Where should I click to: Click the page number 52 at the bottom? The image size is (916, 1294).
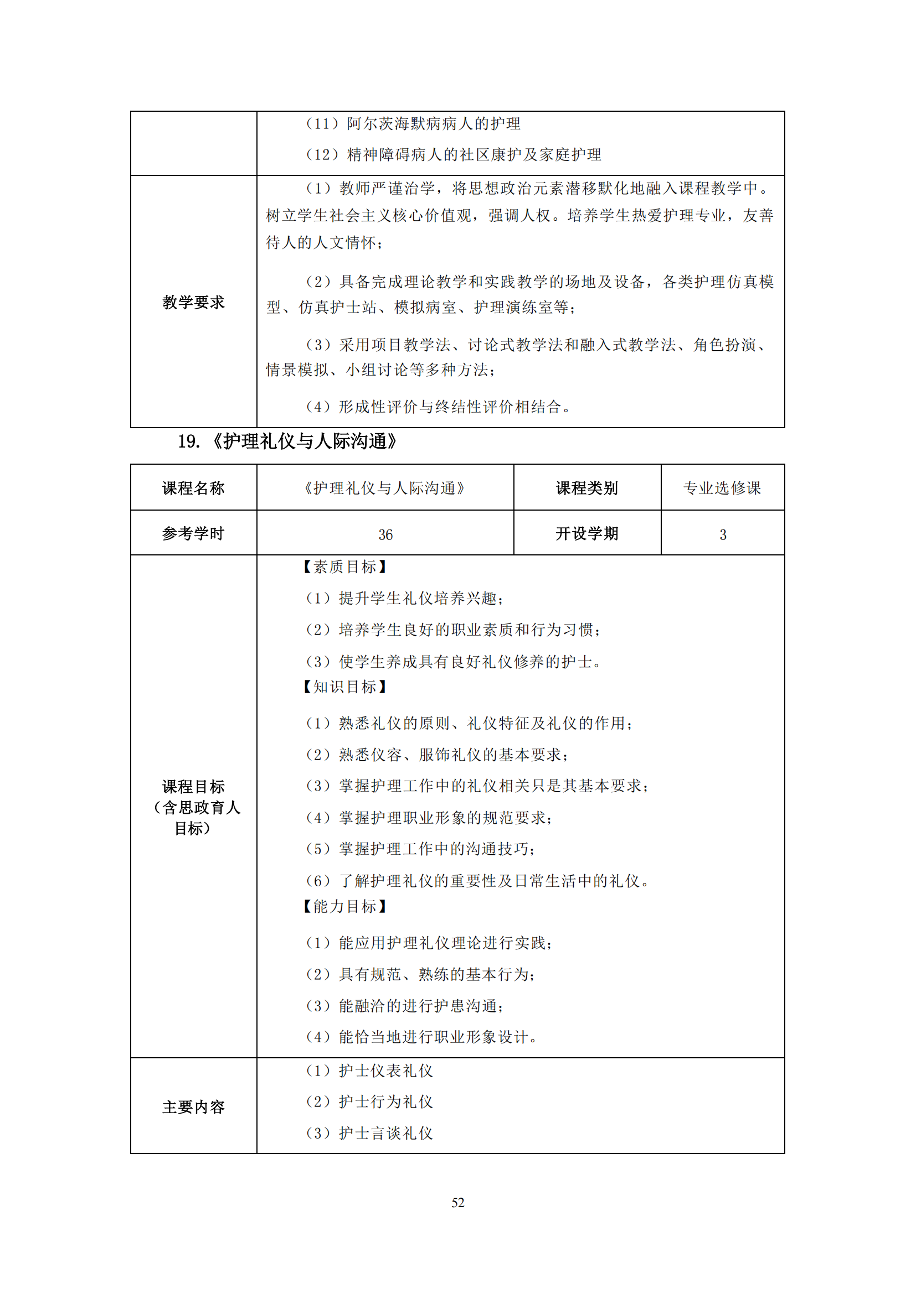457,1202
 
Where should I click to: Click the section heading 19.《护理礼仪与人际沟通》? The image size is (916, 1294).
287,441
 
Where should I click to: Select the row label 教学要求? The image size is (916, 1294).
193,302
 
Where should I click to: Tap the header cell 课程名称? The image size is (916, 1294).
193,488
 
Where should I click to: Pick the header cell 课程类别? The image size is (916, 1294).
586,488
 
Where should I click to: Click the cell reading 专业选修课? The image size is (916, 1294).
722,488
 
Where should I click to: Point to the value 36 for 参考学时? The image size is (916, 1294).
385,534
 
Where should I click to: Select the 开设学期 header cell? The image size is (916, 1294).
586,534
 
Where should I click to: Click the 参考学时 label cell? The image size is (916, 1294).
193,534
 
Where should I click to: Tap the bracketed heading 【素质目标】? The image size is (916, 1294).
344,567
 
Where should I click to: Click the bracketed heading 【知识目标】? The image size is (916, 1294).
344,687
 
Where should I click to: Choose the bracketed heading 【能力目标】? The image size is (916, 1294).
344,906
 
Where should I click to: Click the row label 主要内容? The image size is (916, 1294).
193,1107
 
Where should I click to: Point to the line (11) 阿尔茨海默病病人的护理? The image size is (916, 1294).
413,124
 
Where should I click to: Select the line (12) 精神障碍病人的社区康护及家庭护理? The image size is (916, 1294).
453,154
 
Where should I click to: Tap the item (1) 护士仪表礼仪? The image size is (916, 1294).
369,1071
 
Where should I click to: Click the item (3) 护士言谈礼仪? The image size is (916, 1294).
369,1134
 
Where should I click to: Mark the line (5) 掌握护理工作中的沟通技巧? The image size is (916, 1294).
420,849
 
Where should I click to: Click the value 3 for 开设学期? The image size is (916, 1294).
723,534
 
